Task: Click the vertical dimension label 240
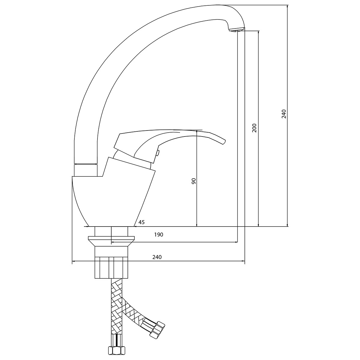[284, 114]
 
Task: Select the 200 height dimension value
[254, 128]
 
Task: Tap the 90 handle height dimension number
[194, 181]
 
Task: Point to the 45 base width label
[141, 222]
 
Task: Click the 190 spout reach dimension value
[159, 235]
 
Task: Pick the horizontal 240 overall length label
[157, 257]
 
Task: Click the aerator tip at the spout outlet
[236, 30]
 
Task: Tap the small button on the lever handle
[157, 153]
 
